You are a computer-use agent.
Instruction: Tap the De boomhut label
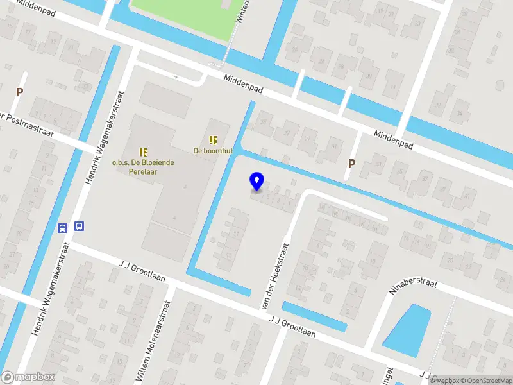click(212, 151)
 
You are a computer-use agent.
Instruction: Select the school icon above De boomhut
click(212, 139)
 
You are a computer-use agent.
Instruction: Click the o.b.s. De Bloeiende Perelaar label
click(143, 167)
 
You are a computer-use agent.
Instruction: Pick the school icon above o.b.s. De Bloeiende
click(143, 152)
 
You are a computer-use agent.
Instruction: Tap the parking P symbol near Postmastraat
click(19, 92)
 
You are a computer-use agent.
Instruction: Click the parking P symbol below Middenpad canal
click(351, 164)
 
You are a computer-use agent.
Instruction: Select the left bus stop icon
click(63, 228)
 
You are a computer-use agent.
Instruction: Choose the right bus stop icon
click(79, 226)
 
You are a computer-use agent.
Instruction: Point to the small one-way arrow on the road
click(174, 77)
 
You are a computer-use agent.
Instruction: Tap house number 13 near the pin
click(229, 255)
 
